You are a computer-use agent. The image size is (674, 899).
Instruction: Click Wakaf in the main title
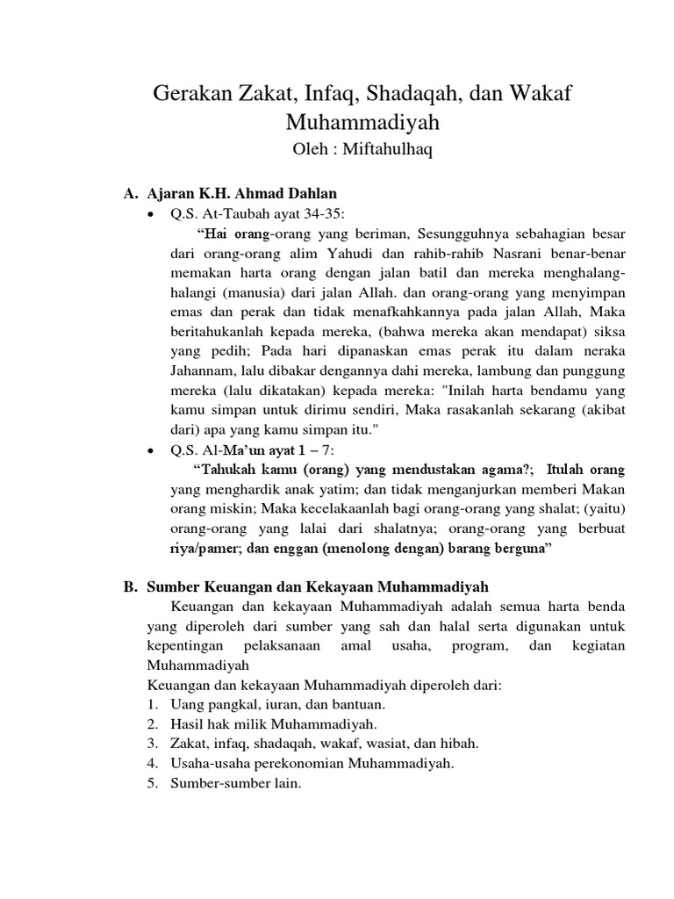click(542, 94)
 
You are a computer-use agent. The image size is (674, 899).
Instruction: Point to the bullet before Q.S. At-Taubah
click(154, 215)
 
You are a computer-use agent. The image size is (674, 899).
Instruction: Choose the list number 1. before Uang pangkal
click(153, 704)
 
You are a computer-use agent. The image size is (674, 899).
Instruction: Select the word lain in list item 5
click(285, 783)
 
